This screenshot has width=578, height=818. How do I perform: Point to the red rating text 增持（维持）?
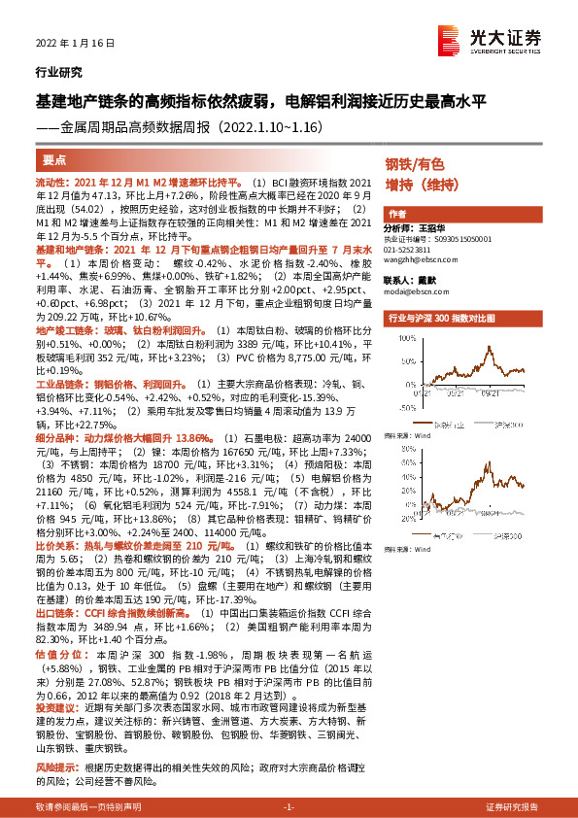pos(421,184)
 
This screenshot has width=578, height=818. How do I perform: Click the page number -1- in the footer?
pos(289,807)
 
